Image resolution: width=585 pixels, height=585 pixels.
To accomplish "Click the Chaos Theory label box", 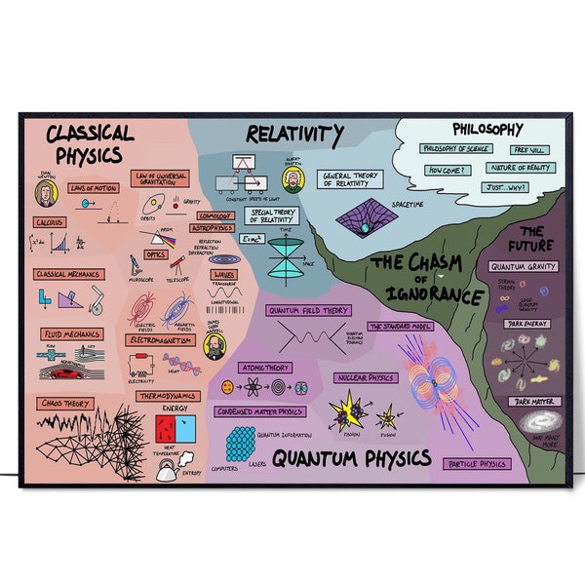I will point(64,401).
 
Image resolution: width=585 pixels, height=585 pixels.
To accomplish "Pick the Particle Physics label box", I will point(477,464).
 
